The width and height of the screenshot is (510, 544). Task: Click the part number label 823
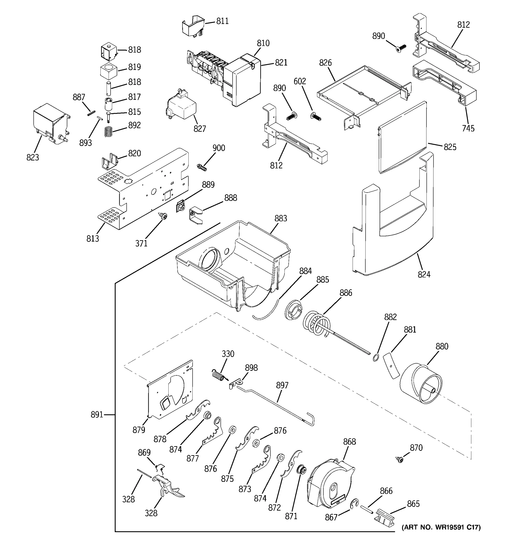click(33, 157)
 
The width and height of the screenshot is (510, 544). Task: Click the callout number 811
click(222, 21)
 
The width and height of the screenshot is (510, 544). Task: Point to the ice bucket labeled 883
click(233, 263)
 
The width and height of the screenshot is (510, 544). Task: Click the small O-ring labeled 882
click(376, 357)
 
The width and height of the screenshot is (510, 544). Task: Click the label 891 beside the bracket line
click(97, 415)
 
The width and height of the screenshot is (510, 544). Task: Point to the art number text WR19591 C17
click(441, 527)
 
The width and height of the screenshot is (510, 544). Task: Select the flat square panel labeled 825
click(402, 137)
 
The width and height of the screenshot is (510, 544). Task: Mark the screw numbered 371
click(164, 216)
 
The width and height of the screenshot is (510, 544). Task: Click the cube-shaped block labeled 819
click(109, 70)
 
